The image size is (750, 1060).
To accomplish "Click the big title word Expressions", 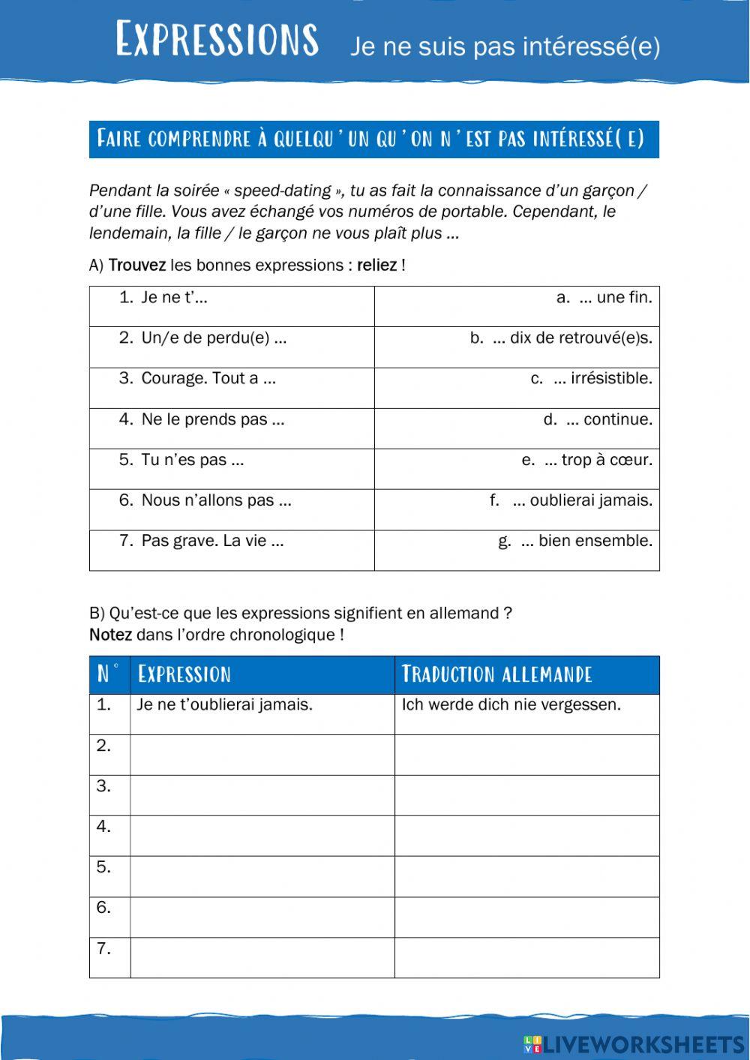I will (x=217, y=40).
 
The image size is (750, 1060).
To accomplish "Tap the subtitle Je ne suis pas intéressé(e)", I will (x=505, y=47).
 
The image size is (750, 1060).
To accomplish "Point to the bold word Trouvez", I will (x=137, y=266).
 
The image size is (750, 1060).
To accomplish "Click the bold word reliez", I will (x=376, y=266).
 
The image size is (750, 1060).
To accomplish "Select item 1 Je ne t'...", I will (x=174, y=298).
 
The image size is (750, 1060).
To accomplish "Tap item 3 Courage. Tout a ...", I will (x=208, y=379).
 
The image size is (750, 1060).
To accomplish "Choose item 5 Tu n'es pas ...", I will (x=192, y=460).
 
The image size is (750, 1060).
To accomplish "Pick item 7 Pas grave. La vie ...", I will (x=212, y=541).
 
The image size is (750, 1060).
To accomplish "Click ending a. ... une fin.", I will (x=604, y=298).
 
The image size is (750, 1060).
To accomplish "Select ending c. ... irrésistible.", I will (x=591, y=379).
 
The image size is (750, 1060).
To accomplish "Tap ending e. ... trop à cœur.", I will (x=586, y=460).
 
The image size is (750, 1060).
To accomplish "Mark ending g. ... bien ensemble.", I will (x=575, y=541).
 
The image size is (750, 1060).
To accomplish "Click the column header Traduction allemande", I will (x=497, y=674).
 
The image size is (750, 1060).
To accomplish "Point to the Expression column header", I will (x=184, y=674).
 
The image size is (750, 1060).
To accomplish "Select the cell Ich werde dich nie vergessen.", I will (x=511, y=705).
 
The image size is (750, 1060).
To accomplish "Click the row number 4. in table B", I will (x=104, y=827).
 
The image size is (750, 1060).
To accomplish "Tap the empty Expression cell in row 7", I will (x=262, y=958).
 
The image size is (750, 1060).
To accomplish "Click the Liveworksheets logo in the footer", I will (x=634, y=1044).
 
